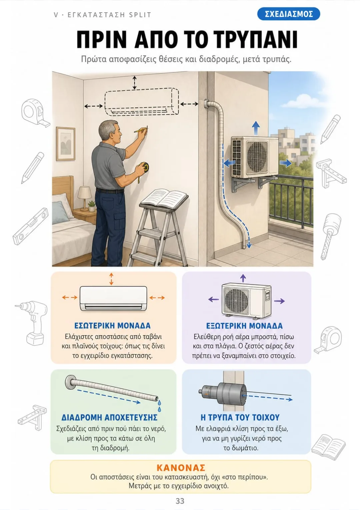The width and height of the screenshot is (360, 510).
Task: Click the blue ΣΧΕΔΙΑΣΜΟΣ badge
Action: (289, 14)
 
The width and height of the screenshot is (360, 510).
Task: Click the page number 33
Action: (180, 501)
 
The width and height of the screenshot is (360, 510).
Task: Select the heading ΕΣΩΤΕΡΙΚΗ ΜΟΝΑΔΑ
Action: (112, 325)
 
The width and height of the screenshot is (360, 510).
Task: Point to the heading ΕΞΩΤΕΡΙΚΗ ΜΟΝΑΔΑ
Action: (244, 326)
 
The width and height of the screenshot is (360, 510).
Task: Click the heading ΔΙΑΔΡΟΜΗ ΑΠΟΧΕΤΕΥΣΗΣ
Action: (109, 417)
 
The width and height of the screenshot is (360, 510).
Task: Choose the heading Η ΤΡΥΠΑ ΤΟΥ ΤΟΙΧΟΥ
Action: (240, 417)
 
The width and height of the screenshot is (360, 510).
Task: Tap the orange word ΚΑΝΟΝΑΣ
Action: (181, 468)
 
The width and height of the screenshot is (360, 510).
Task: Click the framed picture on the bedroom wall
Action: (66, 144)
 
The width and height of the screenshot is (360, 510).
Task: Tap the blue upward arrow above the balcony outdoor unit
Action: (256, 128)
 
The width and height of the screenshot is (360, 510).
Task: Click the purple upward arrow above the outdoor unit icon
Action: (243, 278)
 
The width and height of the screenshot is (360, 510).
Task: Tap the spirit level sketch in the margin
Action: (30, 226)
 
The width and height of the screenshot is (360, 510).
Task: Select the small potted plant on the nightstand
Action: (92, 206)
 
